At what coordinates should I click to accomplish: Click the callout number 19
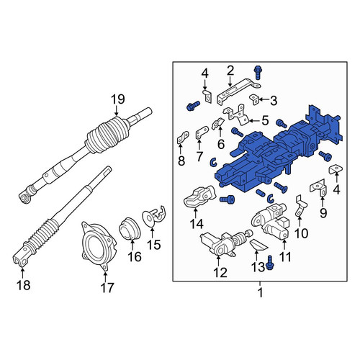coord(118,99)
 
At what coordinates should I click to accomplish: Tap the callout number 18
coord(24,285)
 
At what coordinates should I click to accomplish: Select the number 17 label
coord(107,287)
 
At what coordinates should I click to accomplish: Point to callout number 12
coord(220,273)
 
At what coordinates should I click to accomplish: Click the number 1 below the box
coord(260,292)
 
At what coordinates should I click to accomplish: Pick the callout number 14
coord(197,224)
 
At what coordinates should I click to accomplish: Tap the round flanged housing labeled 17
coord(98,246)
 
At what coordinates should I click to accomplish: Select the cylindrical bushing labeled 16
coord(130,229)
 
